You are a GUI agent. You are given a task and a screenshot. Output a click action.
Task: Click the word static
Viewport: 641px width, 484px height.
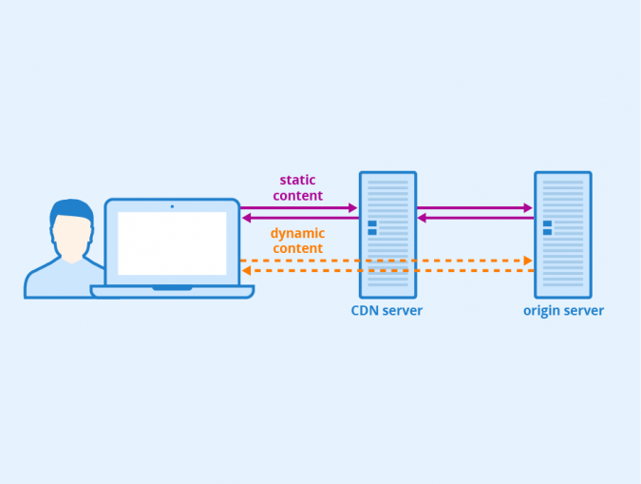click(x=297, y=180)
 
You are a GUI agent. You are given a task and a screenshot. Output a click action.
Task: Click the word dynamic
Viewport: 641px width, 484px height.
click(x=297, y=233)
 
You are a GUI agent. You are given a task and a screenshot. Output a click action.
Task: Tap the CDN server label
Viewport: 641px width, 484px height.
click(x=387, y=311)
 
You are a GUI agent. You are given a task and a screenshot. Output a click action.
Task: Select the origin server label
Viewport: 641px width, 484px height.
click(x=563, y=311)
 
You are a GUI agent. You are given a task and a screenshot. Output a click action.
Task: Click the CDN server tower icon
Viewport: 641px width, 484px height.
click(x=387, y=234)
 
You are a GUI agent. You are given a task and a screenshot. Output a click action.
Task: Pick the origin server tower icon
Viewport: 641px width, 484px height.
click(x=562, y=234)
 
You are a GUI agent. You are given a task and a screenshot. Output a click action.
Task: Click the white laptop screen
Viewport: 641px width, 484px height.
click(x=172, y=243)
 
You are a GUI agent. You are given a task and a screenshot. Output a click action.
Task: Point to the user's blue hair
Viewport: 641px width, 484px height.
click(x=71, y=210)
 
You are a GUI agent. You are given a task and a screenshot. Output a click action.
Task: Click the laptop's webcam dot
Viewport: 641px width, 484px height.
click(x=172, y=206)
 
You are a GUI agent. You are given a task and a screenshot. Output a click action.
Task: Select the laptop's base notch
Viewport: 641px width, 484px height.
click(x=172, y=288)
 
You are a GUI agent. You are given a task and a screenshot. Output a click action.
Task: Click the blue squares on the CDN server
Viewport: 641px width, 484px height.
click(x=372, y=227)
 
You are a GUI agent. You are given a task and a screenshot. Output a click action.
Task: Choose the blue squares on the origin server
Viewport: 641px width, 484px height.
click(x=547, y=227)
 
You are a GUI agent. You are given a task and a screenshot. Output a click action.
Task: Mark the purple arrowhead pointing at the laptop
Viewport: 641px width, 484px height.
click(x=246, y=218)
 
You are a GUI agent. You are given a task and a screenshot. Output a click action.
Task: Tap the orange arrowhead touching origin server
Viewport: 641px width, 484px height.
click(x=528, y=260)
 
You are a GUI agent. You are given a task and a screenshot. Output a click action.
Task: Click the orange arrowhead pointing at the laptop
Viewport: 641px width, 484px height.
click(x=246, y=271)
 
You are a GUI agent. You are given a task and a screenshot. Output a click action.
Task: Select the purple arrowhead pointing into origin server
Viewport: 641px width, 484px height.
click(x=528, y=207)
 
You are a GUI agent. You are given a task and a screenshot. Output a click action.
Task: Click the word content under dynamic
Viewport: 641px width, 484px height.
click(x=297, y=249)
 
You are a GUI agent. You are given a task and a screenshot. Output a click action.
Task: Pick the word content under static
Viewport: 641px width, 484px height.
click(x=297, y=196)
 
